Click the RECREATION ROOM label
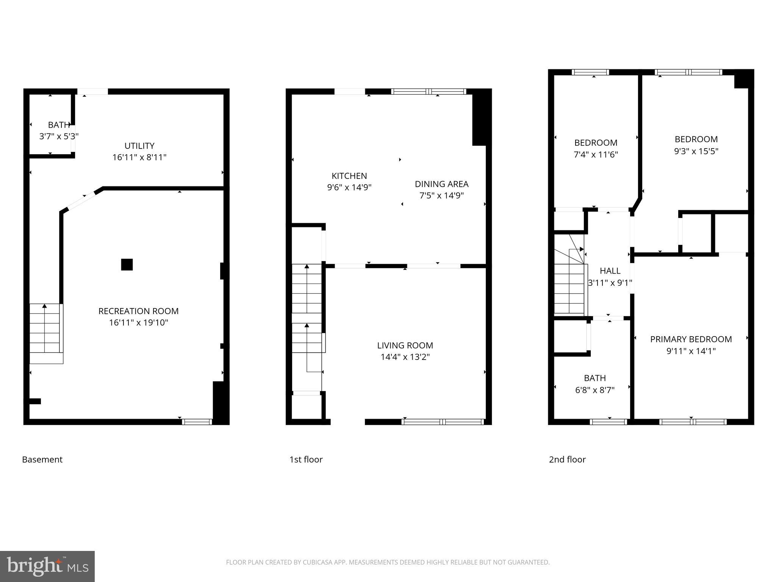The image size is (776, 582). tap(138, 311)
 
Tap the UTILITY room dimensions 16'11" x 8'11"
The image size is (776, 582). tap(139, 157)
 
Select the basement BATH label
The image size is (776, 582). tap(59, 125)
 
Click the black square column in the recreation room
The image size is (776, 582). tap(127, 264)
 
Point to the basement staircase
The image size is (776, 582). tap(46, 333)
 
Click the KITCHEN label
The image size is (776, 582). tap(349, 176)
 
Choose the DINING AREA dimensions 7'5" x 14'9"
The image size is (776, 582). tap(441, 196)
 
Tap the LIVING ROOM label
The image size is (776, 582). tap(405, 345)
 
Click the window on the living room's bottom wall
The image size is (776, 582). tap(443, 422)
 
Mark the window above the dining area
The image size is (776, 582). tap(429, 91)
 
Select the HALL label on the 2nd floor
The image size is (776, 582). tap(610, 271)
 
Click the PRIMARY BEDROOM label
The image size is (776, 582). tap(691, 339)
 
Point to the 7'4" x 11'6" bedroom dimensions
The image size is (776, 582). tap(596, 155)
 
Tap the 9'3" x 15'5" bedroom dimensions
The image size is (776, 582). tap(696, 151)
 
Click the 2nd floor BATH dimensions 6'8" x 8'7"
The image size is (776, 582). tap(595, 390)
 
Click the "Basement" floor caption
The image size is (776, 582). tap(42, 459)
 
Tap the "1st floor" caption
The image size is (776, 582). tap(306, 459)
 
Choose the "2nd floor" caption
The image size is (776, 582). tap(567, 459)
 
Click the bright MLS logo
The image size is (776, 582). tap(47, 566)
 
